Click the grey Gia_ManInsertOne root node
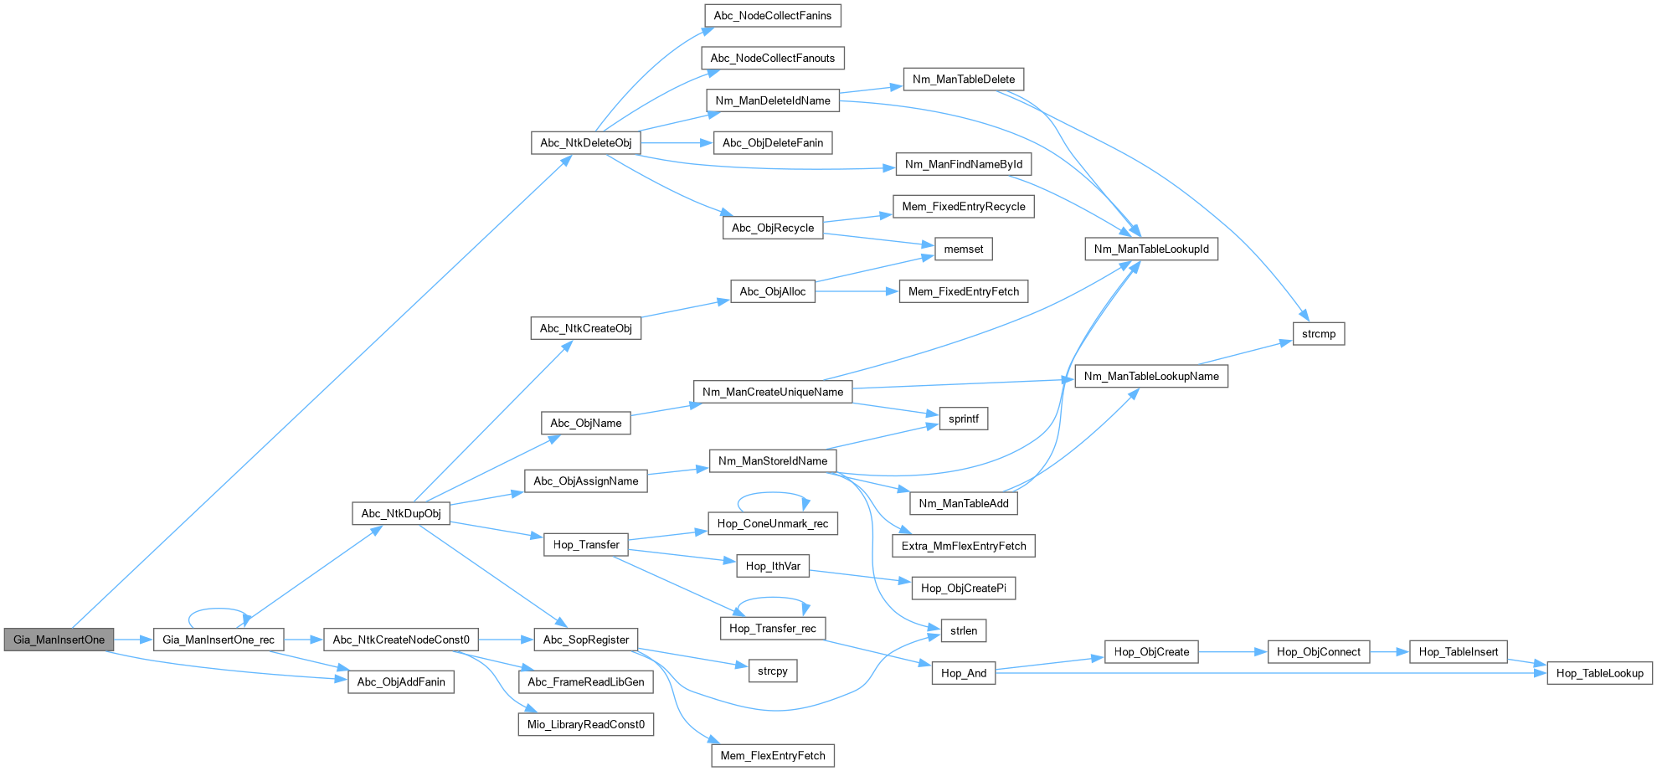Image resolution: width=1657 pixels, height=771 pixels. coord(59,640)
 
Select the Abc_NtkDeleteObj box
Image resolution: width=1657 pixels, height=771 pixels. coord(585,143)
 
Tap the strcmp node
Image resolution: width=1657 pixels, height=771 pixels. coord(1319,334)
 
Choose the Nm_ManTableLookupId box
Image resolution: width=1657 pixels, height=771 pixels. coord(1151,249)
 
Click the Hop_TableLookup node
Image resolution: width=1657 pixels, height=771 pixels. coord(1599,673)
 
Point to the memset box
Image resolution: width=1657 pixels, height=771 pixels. coord(964,249)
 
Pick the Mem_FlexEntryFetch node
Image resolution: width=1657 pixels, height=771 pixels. coord(773,755)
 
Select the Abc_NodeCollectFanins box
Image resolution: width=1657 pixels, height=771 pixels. coord(772,16)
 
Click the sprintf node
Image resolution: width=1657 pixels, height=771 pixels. coord(964,419)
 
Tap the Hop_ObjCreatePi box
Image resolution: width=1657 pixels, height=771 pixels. coord(963,588)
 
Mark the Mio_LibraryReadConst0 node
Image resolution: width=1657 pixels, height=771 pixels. coord(586,724)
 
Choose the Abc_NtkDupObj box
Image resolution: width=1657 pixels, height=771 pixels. coord(401,513)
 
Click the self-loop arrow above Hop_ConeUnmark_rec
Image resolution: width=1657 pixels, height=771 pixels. coord(773,494)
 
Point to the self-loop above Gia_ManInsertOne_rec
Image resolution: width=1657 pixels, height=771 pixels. coord(218,610)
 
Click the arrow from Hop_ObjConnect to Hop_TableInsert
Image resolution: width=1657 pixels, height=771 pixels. coord(1390,651)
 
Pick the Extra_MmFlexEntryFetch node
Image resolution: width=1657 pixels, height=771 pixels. coord(964,546)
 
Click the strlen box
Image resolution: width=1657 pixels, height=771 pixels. coord(964,630)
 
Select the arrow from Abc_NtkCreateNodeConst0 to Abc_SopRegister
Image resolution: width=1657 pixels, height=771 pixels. coord(506,640)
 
